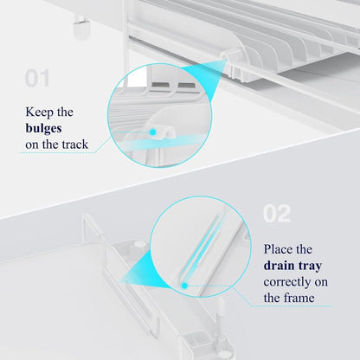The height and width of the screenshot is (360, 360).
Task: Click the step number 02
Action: [276, 214]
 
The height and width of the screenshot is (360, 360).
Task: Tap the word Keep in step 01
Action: [40, 112]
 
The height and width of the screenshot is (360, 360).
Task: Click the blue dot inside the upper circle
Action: [153, 131]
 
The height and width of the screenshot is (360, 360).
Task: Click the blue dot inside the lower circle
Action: [183, 283]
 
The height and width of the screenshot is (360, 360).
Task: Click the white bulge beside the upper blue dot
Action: [168, 129]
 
